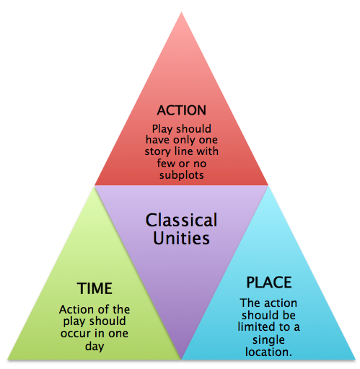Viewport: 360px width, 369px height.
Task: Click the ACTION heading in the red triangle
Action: (182, 110)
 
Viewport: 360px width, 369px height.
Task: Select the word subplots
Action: (182, 174)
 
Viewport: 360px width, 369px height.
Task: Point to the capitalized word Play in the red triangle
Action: (162, 129)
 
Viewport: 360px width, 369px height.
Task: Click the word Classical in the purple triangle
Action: (182, 220)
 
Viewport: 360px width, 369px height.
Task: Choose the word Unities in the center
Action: (182, 238)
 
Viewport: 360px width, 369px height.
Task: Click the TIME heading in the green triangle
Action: (95, 288)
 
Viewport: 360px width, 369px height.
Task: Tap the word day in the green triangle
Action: (95, 346)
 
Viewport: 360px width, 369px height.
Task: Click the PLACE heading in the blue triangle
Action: (269, 283)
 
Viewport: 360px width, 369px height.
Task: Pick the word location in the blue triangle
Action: (268, 352)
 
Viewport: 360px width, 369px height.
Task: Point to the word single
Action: (268, 340)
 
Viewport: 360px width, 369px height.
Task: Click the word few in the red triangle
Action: (166, 164)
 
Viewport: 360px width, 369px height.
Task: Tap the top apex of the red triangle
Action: (182, 12)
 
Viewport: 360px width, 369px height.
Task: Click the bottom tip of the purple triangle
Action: (182, 359)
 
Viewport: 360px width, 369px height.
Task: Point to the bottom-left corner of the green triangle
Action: (7, 359)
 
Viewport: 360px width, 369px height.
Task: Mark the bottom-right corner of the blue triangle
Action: (356, 359)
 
